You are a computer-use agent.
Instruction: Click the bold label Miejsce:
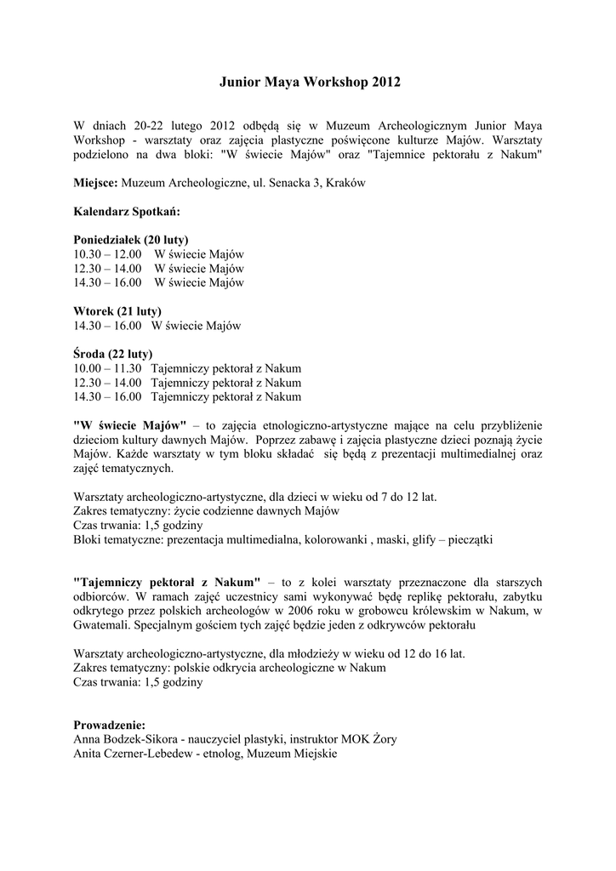96,183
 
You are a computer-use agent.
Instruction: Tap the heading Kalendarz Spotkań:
127,211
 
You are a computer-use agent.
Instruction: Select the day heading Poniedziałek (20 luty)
131,239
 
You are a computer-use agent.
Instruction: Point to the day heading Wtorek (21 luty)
117,310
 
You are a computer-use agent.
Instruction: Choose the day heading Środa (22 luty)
113,354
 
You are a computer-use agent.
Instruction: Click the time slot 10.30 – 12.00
107,253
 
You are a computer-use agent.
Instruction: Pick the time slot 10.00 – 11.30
107,368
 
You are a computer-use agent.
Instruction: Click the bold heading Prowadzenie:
110,724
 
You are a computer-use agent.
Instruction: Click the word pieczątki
468,539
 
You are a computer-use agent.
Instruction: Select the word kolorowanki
332,539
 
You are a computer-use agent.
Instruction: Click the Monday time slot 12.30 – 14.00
107,268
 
